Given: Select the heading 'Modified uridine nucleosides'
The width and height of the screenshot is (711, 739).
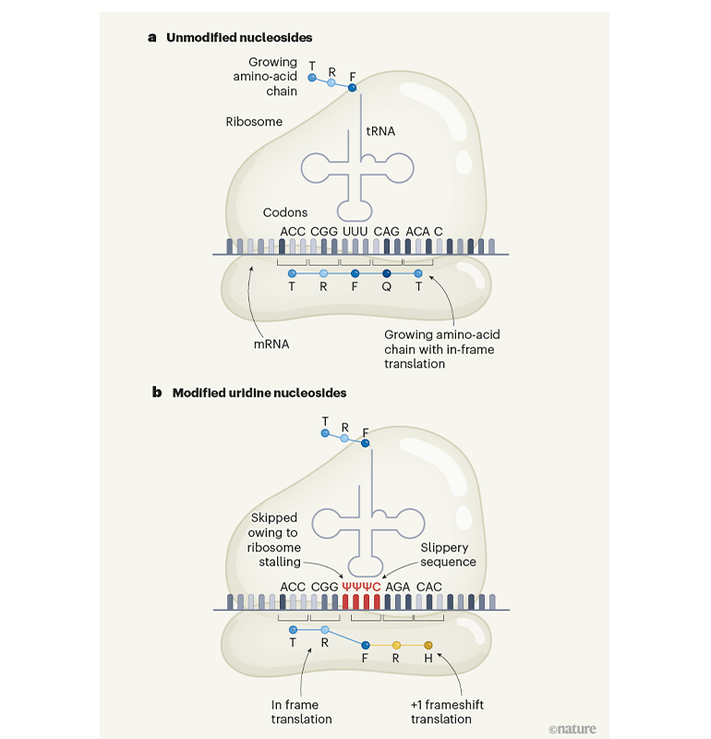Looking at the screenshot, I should click(x=259, y=393).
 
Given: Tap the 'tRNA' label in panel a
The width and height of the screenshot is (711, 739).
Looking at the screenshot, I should click(x=380, y=132).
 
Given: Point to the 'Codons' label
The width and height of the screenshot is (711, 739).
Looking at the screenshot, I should click(x=285, y=212).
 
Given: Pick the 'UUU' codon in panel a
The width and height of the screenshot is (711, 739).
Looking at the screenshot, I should click(x=355, y=230).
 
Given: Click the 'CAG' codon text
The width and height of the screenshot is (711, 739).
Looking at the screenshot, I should click(x=387, y=230).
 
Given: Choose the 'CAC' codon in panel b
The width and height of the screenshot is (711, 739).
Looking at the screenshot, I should click(x=429, y=586).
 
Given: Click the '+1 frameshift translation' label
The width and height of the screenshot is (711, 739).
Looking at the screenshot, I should click(x=447, y=711).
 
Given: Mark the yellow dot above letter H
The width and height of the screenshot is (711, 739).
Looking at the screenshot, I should click(x=428, y=645).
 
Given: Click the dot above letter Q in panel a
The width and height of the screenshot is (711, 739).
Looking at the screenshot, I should click(x=387, y=273).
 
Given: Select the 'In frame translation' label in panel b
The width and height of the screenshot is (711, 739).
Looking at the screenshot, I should click(x=302, y=711).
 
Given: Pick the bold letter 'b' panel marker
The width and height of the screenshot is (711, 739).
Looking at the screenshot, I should click(x=157, y=393).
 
